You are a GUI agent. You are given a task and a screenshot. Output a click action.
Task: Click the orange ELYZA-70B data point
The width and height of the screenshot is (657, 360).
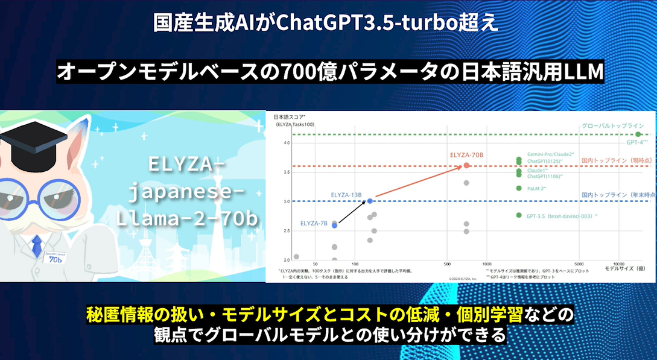[x=466, y=166]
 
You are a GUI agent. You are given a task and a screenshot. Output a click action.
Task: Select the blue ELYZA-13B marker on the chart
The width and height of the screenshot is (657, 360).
[x=370, y=201]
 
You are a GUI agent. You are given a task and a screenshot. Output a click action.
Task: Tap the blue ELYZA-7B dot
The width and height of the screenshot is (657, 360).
[x=335, y=226]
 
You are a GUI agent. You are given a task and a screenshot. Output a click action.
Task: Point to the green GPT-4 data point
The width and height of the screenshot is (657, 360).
[x=638, y=134]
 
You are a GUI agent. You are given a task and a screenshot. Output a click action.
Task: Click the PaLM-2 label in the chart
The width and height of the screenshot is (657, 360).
[x=537, y=188]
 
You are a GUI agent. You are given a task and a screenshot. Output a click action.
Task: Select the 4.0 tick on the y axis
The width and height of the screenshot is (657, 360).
[x=288, y=143]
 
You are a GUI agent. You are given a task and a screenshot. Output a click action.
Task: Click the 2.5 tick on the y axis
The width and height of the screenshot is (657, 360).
[x=288, y=230]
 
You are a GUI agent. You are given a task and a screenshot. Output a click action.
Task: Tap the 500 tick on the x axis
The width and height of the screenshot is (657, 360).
[x=447, y=264]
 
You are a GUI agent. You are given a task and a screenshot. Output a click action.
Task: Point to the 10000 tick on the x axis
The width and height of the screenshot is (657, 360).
[x=617, y=264]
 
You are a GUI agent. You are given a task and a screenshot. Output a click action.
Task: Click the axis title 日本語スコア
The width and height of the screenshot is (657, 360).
[x=290, y=116]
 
